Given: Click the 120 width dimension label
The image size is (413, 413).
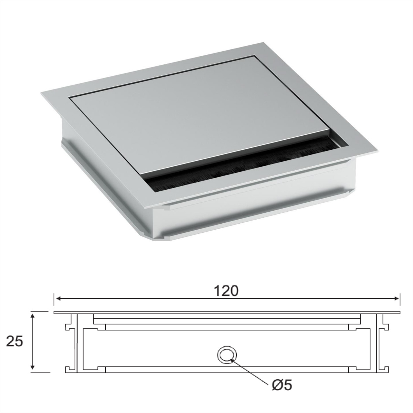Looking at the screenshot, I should [226, 291].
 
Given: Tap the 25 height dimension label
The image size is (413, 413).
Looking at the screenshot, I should [15, 342].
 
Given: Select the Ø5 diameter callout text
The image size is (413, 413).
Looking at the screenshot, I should [282, 385].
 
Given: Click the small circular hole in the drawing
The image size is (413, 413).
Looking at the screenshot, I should [226, 354].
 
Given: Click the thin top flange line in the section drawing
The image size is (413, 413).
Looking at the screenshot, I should [227, 313].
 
